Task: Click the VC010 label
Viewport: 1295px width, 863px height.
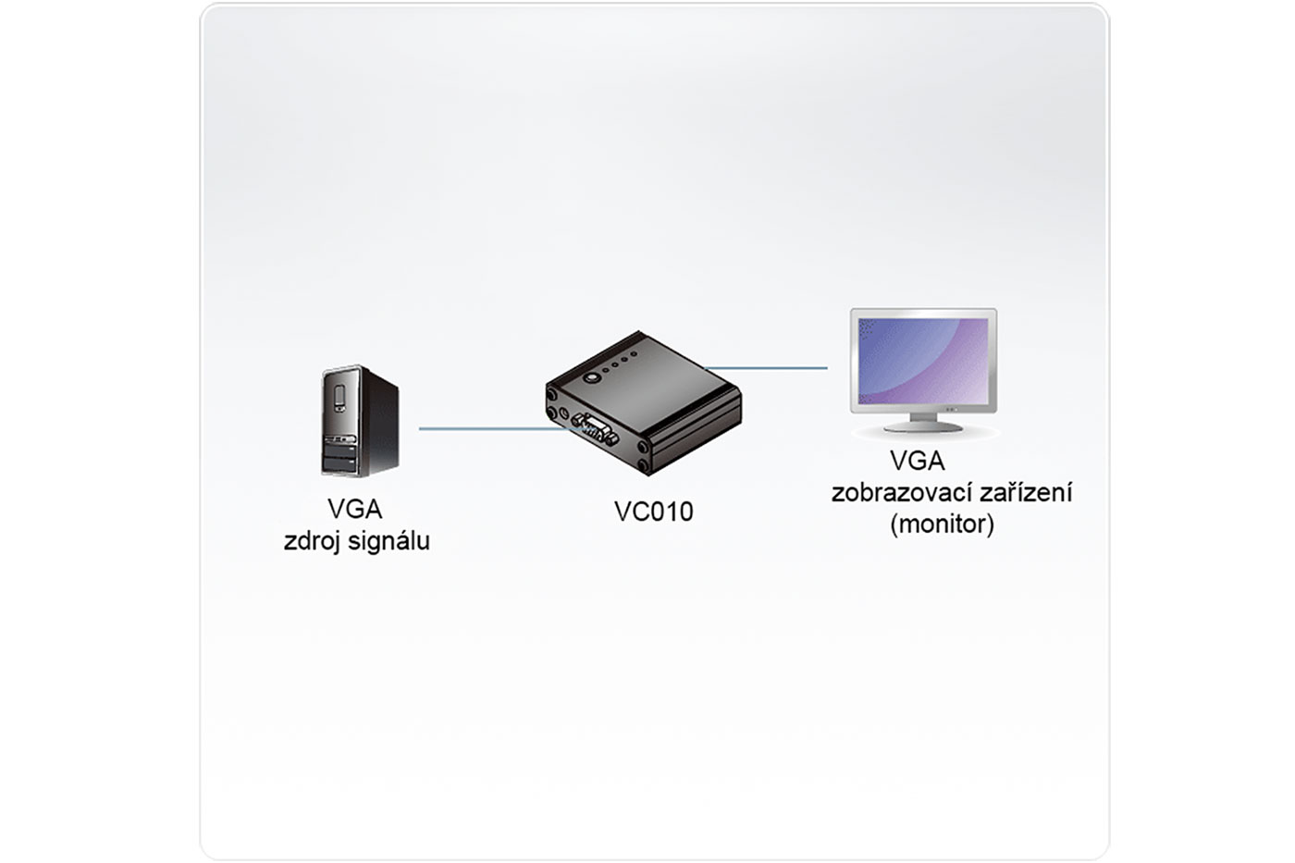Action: [x=653, y=512]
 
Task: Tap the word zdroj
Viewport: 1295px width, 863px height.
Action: [x=312, y=542]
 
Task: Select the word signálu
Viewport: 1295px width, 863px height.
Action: [x=389, y=542]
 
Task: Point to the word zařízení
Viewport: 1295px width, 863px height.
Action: [x=1026, y=492]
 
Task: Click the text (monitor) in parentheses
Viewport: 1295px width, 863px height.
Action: [x=943, y=524]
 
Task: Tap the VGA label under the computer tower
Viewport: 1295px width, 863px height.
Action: [x=355, y=510]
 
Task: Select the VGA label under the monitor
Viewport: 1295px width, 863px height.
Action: [x=918, y=461]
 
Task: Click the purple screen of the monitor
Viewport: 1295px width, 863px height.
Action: [x=923, y=361]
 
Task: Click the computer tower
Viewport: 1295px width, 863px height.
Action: [x=360, y=421]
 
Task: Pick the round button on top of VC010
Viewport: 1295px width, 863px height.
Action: [x=591, y=378]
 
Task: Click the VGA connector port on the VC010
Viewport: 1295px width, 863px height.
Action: [x=590, y=428]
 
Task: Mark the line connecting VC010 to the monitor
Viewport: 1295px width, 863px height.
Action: [x=766, y=367]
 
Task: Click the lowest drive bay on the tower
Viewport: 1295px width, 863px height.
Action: [x=339, y=464]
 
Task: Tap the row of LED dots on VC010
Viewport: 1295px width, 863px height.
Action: [x=620, y=362]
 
